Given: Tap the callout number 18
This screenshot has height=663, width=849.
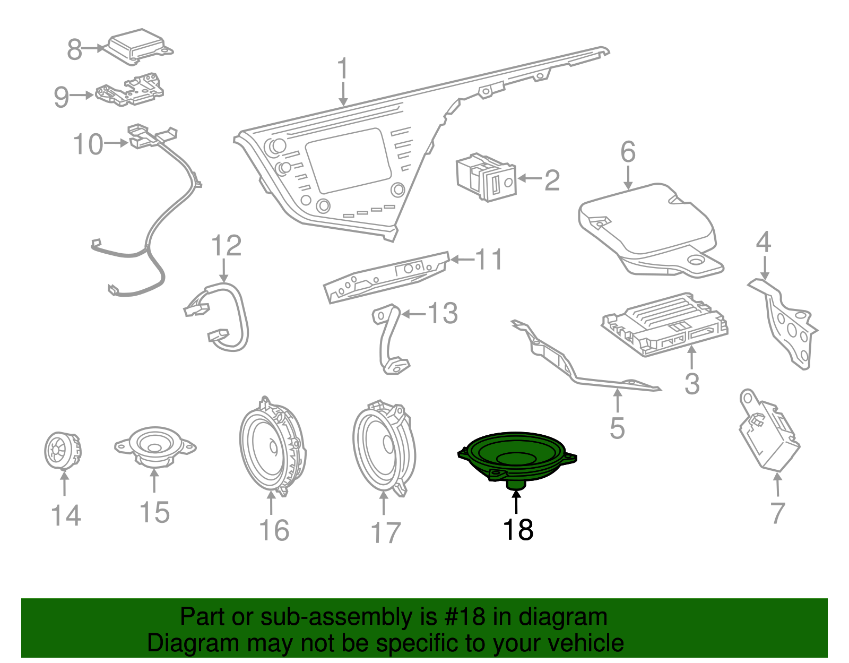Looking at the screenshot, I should pyautogui.click(x=517, y=530).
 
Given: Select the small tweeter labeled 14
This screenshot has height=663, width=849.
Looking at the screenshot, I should pyautogui.click(x=62, y=451).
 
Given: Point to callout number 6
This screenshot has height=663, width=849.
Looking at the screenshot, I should pyautogui.click(x=628, y=152).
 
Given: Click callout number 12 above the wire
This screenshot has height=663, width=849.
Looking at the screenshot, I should pyautogui.click(x=226, y=246).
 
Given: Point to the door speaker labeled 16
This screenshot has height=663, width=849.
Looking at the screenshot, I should pyautogui.click(x=272, y=446).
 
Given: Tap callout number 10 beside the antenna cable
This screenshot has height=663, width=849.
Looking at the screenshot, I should pyautogui.click(x=88, y=144).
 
